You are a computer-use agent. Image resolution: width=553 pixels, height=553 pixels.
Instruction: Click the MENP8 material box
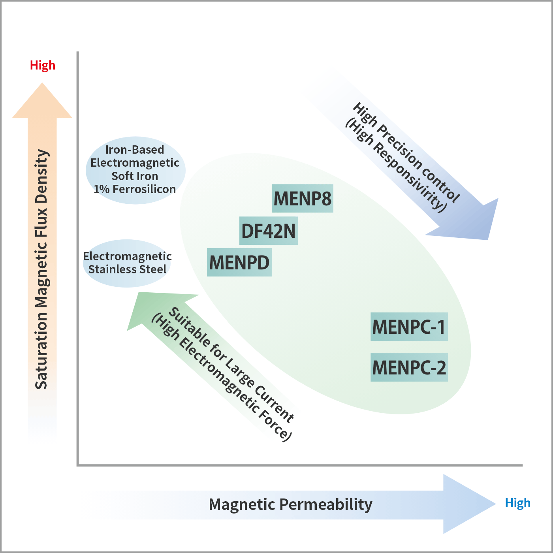pos(303,198)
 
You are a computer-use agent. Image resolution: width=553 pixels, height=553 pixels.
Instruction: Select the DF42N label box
pos(269,231)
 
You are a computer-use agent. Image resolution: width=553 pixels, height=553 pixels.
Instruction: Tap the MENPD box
pos(239,262)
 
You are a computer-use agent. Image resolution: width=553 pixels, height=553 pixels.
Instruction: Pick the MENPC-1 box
pos(409,327)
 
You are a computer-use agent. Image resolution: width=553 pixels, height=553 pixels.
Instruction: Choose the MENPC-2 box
pos(409,367)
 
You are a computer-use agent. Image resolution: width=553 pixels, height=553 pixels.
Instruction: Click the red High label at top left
pos(43,65)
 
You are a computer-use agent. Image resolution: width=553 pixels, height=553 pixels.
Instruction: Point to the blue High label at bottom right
pos(517,503)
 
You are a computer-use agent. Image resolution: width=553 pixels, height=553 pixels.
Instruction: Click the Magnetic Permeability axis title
pos(290,504)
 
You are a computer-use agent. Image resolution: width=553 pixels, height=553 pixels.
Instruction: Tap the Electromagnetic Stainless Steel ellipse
pos(127,263)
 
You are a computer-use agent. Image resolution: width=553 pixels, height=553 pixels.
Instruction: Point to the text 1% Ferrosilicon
pos(135,189)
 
